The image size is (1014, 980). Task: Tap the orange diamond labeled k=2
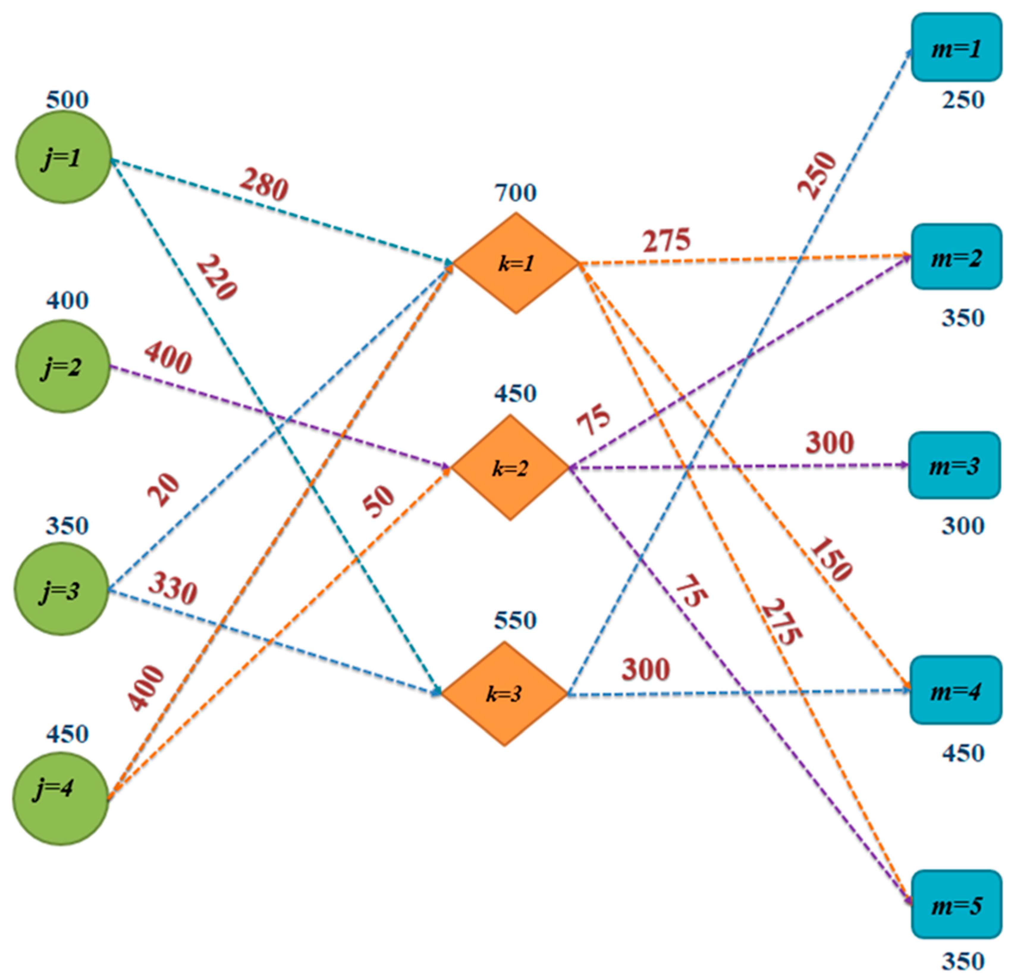pos(510,468)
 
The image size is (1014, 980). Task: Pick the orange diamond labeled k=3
pos(504,694)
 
